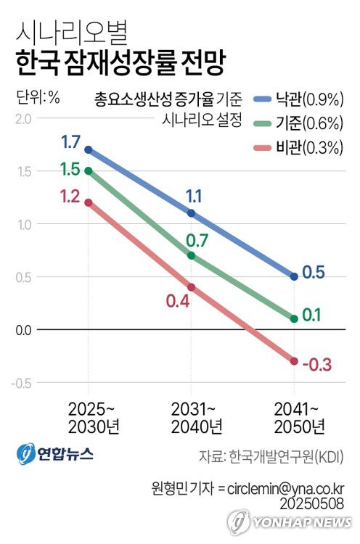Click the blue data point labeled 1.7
click(89, 149)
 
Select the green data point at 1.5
click(89, 171)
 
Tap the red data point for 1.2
click(89, 202)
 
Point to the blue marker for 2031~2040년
click(192, 213)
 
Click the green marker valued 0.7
click(192, 255)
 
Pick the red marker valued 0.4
click(192, 287)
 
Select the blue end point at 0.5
click(294, 276)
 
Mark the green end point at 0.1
click(294, 318)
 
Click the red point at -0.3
click(294, 361)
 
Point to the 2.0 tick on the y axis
click(23, 118)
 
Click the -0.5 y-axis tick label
click(22, 383)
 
